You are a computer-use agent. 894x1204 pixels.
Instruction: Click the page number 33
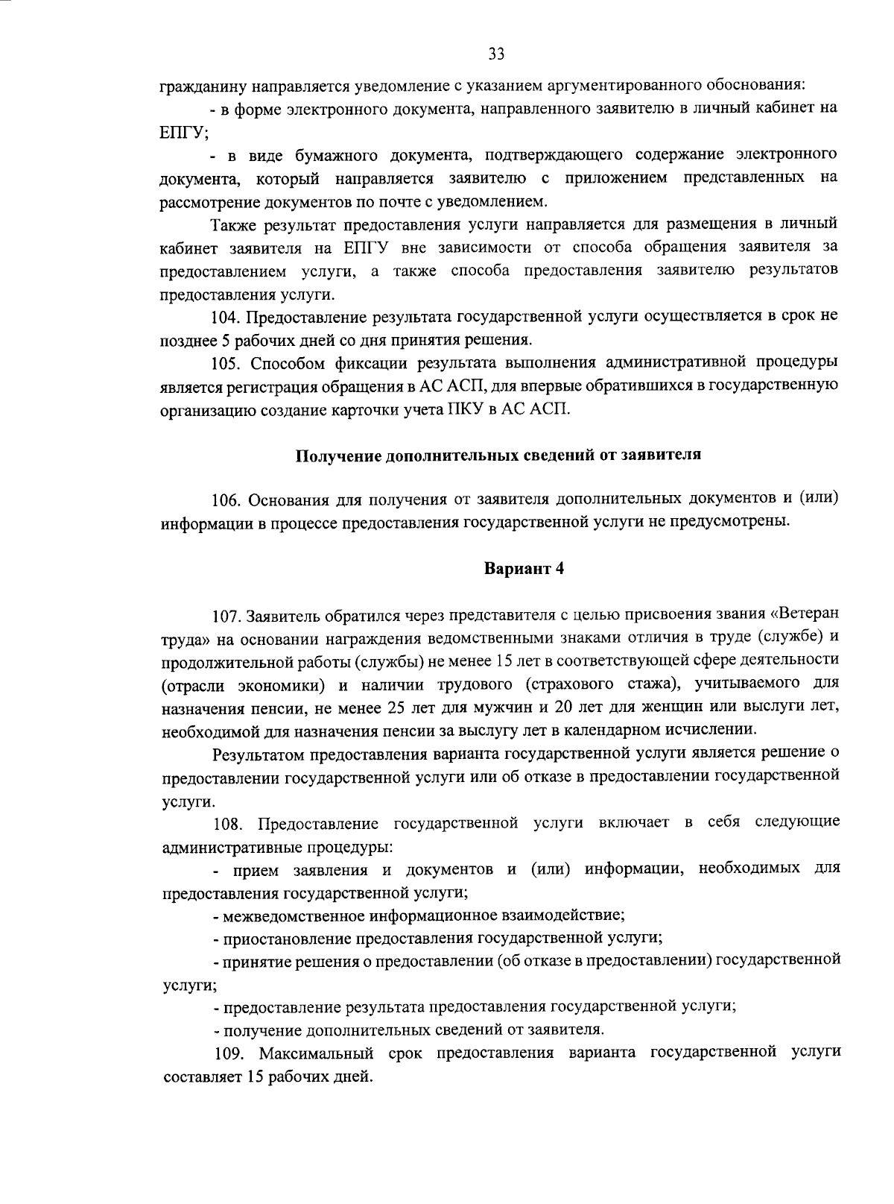click(496, 54)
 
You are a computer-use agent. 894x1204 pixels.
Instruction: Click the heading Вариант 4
click(524, 569)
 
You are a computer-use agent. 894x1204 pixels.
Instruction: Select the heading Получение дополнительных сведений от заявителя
click(498, 456)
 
